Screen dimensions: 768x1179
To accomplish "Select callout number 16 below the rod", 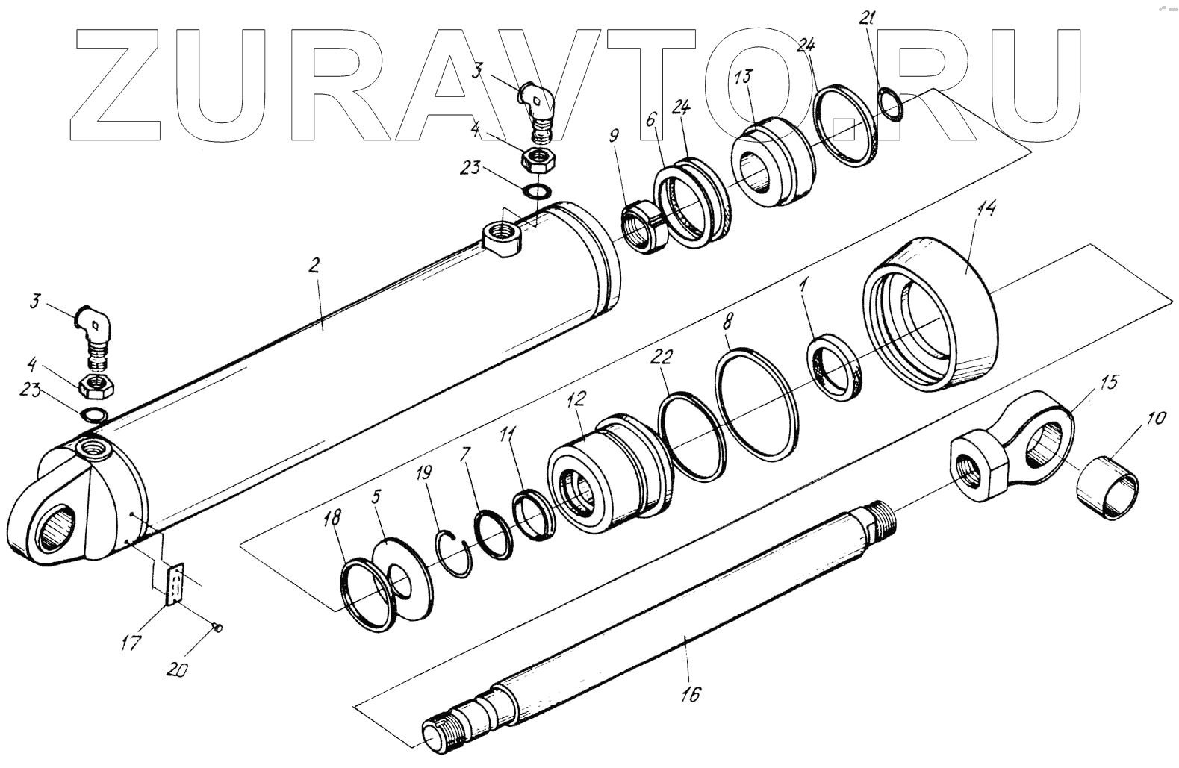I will [x=691, y=694].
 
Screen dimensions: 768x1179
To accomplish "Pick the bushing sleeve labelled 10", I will [x=1108, y=492].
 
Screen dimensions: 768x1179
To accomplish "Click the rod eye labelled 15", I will [x=1015, y=448].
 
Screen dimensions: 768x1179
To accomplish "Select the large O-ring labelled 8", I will [x=756, y=408].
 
